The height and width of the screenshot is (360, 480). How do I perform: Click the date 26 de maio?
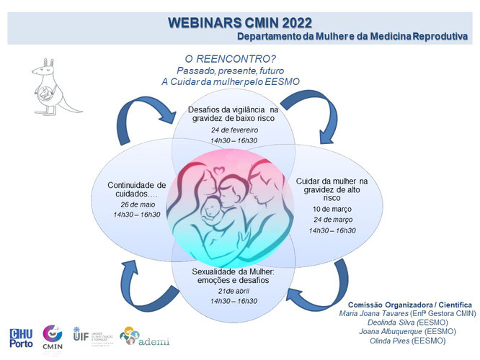(x=136, y=204)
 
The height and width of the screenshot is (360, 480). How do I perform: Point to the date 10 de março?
(x=332, y=208)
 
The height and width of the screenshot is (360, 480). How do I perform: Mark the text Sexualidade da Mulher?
(x=229, y=271)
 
